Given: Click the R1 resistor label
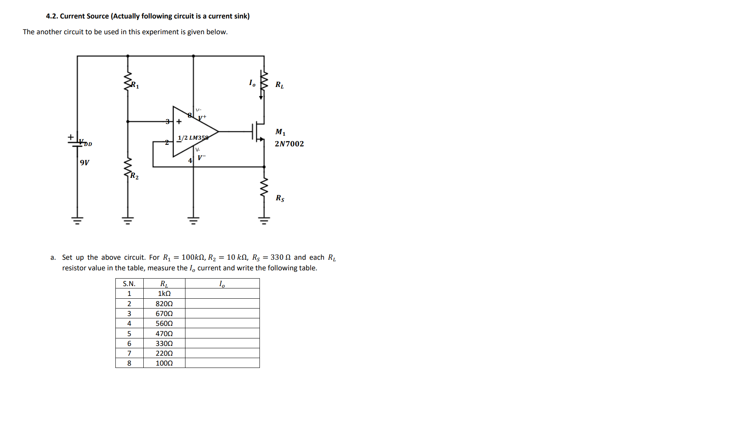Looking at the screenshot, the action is coord(135,85).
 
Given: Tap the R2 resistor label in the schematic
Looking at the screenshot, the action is coord(134,176).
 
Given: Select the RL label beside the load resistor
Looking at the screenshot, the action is coord(280,85).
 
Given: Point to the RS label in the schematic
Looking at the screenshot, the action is coord(280,198).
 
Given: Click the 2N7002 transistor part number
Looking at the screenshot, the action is coord(289,144).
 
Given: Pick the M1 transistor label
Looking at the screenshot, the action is coord(280,132).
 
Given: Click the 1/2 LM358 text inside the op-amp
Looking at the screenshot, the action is coord(193,138).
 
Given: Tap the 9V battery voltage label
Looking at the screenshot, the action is coord(85,163).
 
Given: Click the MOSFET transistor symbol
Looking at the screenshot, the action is coord(258,132).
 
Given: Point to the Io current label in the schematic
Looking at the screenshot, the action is coord(252,83).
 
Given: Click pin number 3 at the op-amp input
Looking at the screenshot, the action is coord(167,122).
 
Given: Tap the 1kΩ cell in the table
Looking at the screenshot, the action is coord(164,294).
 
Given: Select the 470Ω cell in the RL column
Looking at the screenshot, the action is coord(164,334).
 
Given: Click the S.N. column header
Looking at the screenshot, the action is coord(129,284).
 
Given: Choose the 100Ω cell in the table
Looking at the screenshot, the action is coord(164,363).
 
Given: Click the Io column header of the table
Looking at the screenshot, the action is coord(222,284).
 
